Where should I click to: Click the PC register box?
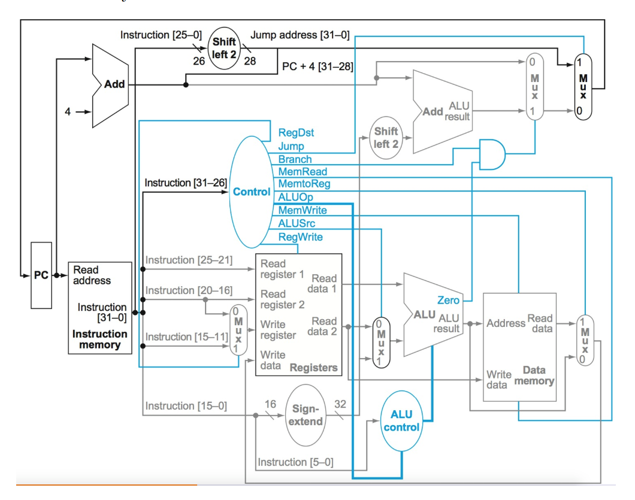coord(41,275)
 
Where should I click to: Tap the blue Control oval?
coord(252,192)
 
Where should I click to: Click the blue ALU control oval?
coord(401,421)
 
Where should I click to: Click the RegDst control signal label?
coord(296,133)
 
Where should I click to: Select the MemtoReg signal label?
coord(304,184)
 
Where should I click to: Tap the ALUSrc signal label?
coord(297,223)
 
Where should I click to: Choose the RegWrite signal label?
coord(301,237)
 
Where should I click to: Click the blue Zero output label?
coord(449,300)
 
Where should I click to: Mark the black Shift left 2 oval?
coord(224,47)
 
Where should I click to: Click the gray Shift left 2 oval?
coord(386,137)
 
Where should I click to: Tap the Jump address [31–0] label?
coord(300,35)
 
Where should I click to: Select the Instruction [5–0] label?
coord(295,462)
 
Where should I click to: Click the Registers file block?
coord(298,314)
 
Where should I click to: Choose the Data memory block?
coord(519,347)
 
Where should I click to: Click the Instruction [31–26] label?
coord(186,183)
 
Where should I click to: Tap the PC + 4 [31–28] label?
coord(317,66)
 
